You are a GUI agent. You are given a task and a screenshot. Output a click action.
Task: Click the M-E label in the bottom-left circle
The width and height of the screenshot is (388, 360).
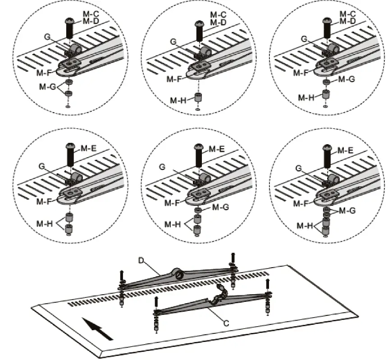pyautogui.click(x=87, y=149)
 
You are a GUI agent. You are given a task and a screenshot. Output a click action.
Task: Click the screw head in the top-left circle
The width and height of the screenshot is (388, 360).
pyautogui.click(x=70, y=20)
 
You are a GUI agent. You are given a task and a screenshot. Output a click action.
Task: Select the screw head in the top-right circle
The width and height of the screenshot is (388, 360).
pyautogui.click(x=328, y=21)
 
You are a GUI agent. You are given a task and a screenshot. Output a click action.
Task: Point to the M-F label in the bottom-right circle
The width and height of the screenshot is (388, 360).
pyautogui.click(x=301, y=204)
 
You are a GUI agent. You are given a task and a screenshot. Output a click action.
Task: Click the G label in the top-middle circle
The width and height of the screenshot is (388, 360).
pyautogui.click(x=173, y=42)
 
